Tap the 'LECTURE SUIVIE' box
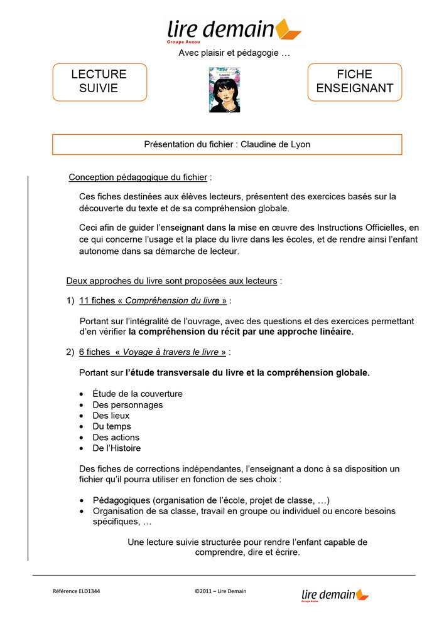coord(99,82)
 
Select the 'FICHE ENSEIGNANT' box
coord(354,82)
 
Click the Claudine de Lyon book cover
coord(225,90)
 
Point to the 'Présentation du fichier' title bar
coord(227,144)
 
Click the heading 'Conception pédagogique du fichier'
coord(138,177)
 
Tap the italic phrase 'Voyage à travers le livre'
coord(171,352)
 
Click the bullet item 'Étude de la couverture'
coord(138,394)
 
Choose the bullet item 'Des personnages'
coord(127,405)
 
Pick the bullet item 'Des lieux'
coord(111,416)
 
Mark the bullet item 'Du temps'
coord(112,426)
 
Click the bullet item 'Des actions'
coord(116,438)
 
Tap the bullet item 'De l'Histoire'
coord(117,448)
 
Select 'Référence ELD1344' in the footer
coord(76,591)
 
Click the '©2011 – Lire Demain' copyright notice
coord(220,591)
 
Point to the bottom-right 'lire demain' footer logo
coord(335,595)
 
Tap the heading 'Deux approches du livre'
coord(171,280)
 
